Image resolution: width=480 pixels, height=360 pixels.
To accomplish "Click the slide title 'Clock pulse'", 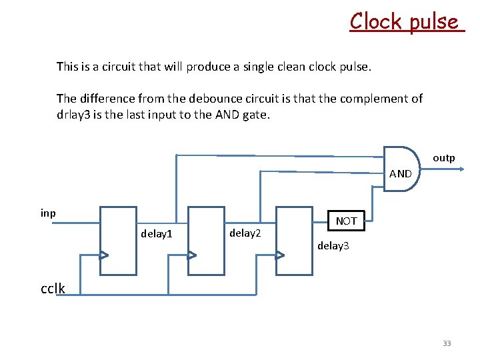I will tap(405, 21).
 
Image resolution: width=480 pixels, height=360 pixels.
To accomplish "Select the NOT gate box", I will tap(347, 221).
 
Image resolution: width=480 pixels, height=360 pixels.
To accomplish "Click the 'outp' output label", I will tap(443, 158).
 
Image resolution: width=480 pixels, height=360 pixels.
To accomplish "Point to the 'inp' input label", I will tap(48, 213).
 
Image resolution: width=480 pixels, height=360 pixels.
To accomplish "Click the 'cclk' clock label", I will tap(53, 288).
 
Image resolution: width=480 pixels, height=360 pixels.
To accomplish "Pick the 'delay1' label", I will tap(157, 233).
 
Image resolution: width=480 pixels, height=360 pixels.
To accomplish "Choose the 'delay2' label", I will tap(245, 233).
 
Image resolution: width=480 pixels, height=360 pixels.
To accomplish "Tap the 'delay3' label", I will tap(333, 246).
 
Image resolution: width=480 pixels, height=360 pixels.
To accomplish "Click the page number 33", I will tap(447, 343).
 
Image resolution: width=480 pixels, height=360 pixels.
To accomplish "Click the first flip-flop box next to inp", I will tap(118, 241).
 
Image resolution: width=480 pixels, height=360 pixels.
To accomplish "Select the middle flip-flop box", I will tap(207, 241).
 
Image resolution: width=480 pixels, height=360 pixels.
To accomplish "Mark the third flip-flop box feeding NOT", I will tap(294, 241).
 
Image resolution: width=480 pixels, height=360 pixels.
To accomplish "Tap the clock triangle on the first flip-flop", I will tap(104, 255).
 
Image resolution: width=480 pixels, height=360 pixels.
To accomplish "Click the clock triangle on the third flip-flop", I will tap(280, 255).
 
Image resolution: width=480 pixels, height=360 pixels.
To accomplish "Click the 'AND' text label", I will tap(400, 174).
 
